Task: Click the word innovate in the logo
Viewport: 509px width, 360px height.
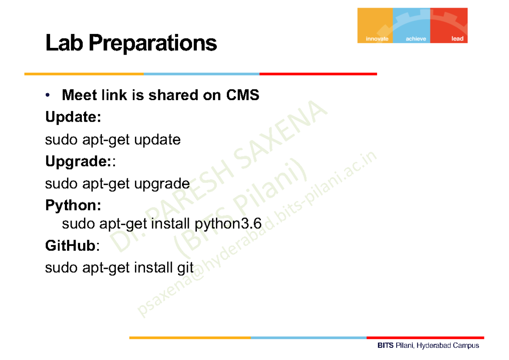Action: click(x=377, y=39)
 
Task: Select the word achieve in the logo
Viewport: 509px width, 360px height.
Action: click(x=416, y=39)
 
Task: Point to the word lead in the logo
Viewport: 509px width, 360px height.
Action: click(x=457, y=39)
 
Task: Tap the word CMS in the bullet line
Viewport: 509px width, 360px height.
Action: click(x=242, y=95)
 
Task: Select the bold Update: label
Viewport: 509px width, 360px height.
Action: click(x=73, y=117)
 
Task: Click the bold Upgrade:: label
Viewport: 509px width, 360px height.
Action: click(x=79, y=162)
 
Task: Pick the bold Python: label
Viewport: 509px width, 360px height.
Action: click(x=73, y=206)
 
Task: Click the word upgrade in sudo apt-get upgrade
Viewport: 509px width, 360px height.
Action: click(x=162, y=184)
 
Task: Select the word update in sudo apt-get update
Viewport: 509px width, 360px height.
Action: click(x=157, y=140)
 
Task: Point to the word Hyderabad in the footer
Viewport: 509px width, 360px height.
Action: click(x=433, y=346)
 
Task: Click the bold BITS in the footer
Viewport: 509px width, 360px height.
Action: click(x=386, y=346)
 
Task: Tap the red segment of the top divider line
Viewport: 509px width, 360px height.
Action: click(x=318, y=74)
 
